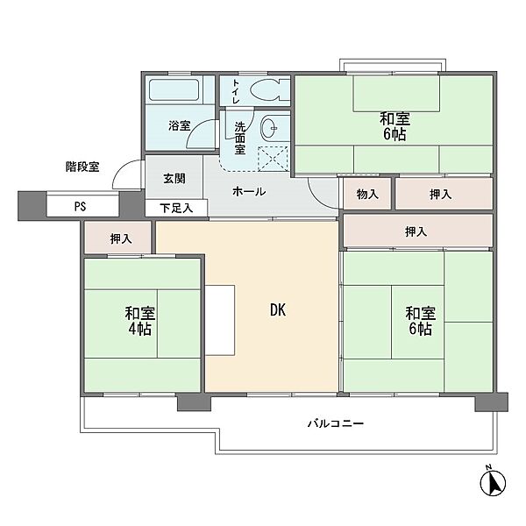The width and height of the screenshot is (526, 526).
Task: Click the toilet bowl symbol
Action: click(270, 90)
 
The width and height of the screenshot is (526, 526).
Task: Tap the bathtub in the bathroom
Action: click(174, 89)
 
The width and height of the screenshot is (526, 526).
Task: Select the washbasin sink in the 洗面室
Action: click(270, 128)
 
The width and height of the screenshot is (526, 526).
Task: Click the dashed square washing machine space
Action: click(273, 159)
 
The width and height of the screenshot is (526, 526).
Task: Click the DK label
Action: click(278, 310)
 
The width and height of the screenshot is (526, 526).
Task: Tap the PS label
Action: click(80, 207)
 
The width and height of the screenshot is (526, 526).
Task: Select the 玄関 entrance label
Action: click(174, 179)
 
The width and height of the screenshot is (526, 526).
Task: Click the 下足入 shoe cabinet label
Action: click(176, 209)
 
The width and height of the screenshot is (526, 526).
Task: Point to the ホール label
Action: click(249, 191)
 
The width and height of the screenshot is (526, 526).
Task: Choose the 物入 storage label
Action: click(367, 194)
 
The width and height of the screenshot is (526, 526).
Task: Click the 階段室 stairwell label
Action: click(82, 167)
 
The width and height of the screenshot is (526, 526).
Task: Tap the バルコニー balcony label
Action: click(336, 423)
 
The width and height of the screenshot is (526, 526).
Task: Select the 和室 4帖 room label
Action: click(140, 321)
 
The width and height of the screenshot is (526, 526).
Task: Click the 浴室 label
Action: click(180, 125)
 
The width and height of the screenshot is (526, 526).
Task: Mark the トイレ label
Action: click(236, 91)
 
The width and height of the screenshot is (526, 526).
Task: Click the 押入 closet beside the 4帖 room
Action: click(120, 238)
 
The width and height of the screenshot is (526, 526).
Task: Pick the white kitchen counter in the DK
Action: click(220, 320)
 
